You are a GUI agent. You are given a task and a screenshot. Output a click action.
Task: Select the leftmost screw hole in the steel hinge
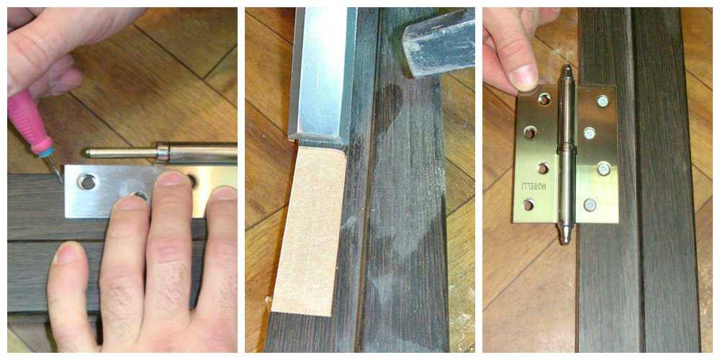pos(86,182)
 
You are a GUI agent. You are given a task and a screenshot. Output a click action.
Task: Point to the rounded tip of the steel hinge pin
pos(87,152)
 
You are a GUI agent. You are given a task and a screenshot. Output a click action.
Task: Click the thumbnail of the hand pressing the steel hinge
pos(67,253)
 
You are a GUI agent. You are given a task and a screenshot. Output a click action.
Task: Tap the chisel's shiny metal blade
pos(323,73)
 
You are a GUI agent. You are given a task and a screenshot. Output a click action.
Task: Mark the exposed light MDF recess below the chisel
pos(309,231)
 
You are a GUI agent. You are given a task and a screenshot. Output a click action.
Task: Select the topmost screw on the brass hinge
pos(602,101)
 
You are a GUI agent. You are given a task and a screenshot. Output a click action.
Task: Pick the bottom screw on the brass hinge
pos(590,204)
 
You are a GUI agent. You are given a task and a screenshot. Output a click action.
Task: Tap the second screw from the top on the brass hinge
pos(590,133)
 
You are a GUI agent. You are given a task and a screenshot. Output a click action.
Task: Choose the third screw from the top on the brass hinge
pos(604,168)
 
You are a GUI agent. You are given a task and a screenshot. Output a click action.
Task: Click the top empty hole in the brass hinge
pos(544,98)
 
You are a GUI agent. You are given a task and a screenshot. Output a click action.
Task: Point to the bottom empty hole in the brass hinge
pos(529,204)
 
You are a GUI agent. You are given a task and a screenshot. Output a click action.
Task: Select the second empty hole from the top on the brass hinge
pos(530,132)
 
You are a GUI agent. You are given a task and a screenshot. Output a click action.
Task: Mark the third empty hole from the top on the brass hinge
pos(543,168)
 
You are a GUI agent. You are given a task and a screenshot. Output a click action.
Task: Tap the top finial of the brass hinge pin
pos(567,73)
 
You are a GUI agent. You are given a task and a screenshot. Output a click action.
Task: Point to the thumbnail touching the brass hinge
pos(524,78)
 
